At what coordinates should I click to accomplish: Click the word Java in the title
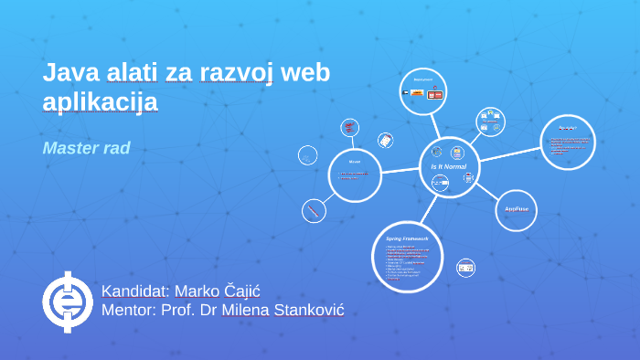click(x=67, y=73)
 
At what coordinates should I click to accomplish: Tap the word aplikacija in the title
click(x=101, y=101)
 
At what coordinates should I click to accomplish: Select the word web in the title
click(x=307, y=73)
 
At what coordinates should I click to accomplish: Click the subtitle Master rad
click(x=87, y=147)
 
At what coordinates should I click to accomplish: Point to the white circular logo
click(x=67, y=302)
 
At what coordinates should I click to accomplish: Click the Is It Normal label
click(x=449, y=167)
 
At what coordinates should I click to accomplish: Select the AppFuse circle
click(x=517, y=209)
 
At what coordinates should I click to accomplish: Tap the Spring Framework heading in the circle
click(x=408, y=238)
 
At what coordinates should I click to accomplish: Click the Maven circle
click(x=355, y=173)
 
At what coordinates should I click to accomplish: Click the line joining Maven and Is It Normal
click(x=400, y=170)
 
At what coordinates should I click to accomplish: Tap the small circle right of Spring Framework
click(x=466, y=268)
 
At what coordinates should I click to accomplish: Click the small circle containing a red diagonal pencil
click(x=314, y=211)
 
